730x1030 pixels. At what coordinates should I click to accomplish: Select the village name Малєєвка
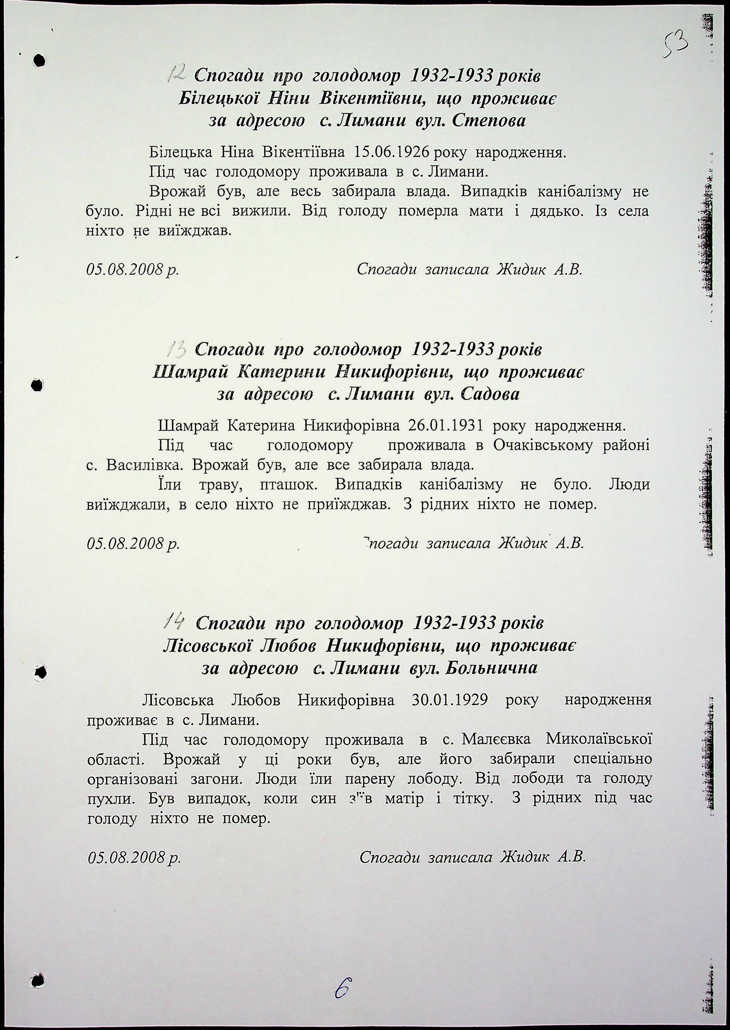(497, 739)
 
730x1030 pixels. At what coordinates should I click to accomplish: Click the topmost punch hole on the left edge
(40, 60)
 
